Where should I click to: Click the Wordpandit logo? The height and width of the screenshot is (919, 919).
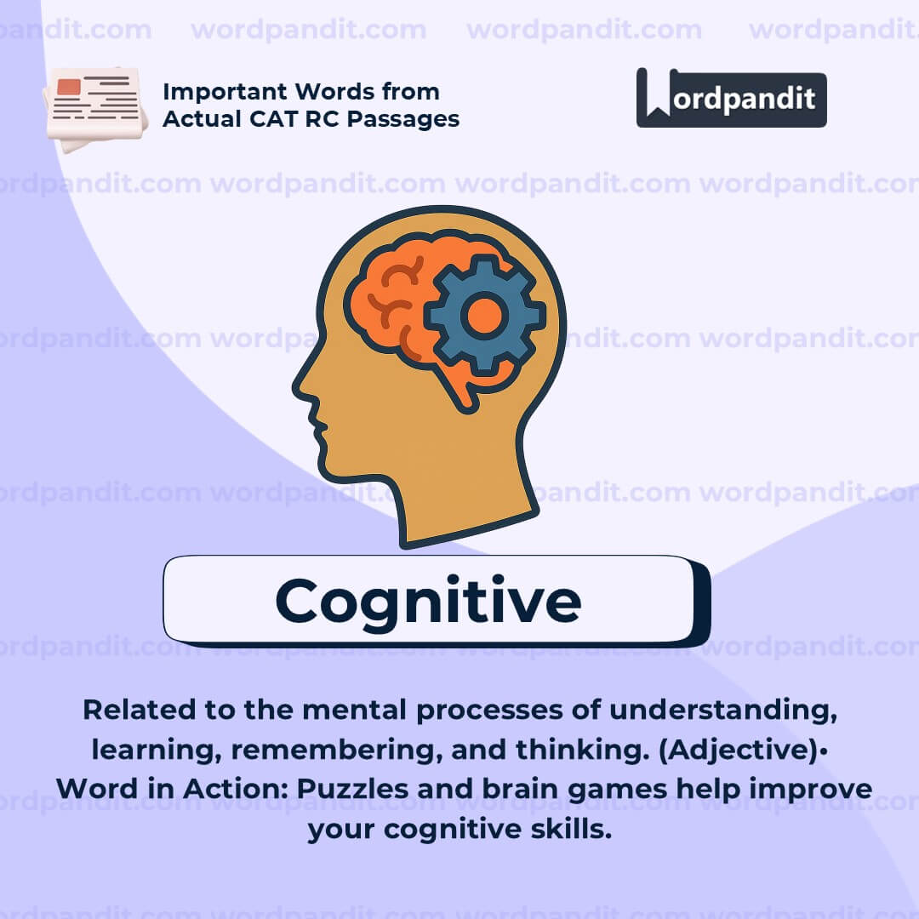pos(731,98)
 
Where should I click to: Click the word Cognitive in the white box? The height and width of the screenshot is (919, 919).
pos(428,600)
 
